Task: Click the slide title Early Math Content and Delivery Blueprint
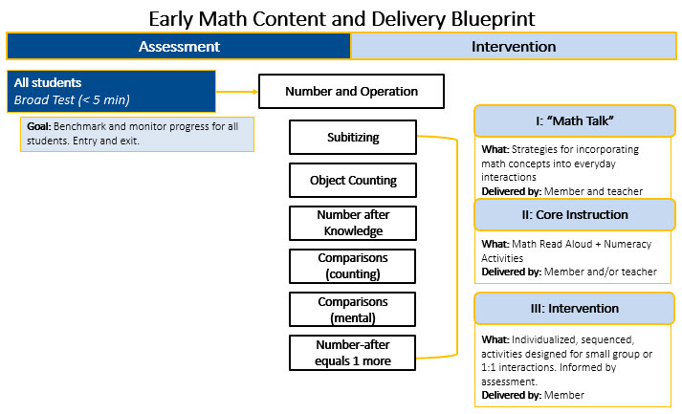tap(341, 18)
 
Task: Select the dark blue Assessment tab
tap(179, 46)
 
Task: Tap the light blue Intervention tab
tap(513, 46)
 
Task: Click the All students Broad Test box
tap(111, 91)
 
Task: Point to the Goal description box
tap(137, 134)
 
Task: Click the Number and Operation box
tap(351, 92)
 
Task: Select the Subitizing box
tap(352, 137)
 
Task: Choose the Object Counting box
tap(352, 180)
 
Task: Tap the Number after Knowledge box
tap(352, 223)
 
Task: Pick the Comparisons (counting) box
tap(352, 266)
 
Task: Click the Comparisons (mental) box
tap(352, 309)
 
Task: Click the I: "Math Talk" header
tap(574, 121)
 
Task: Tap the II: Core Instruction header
tap(574, 214)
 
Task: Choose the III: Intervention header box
tap(574, 308)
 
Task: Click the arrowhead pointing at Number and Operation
tap(254, 92)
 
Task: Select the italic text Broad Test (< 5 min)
tap(72, 99)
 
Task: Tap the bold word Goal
tap(38, 126)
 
